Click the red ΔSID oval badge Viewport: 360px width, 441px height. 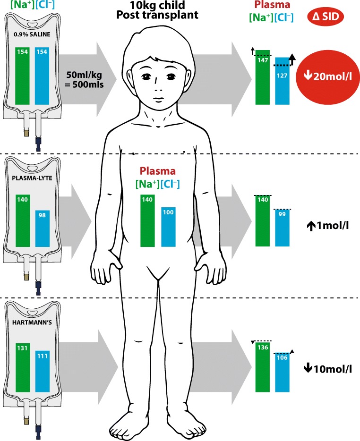326,18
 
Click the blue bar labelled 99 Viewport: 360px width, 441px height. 282,228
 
